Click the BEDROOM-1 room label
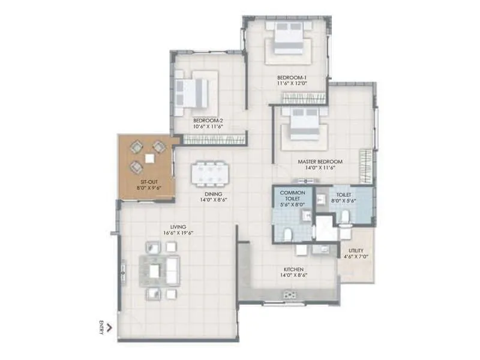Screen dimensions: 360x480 292,78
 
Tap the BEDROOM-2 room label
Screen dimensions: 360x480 208,120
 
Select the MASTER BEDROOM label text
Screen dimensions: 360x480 320,161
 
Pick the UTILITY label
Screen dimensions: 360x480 356,250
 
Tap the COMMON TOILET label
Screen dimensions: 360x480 293,195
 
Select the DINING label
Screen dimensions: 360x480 213,194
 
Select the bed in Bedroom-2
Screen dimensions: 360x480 193,92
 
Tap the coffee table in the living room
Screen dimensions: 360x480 155,271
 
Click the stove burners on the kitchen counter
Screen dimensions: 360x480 290,295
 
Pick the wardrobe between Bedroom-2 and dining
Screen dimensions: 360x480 215,139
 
